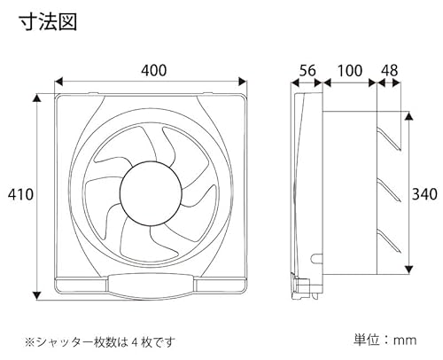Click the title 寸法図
pos(48,22)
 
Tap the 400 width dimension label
pos(153,71)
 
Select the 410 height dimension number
pos(20,195)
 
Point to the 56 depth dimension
pos(307,71)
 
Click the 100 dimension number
pos(350,71)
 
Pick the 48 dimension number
pos(390,71)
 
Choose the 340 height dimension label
pos(424,194)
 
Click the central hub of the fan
pos(151,192)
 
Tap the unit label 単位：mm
pos(385,340)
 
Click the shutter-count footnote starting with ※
pos(100,342)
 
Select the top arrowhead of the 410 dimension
pos(36,98)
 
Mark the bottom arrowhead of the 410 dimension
pos(36,295)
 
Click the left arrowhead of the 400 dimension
pos(59,82)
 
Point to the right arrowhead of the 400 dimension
pos(243,82)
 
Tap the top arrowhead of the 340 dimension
pos(408,116)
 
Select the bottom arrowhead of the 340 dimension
pos(408,269)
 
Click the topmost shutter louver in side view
pos(389,138)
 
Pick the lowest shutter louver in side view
pos(389,241)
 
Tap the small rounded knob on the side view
pos(316,258)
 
